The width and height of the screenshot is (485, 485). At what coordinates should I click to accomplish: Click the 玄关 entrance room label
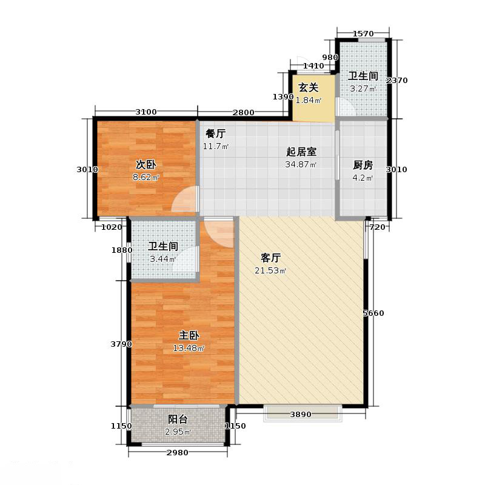click(308, 88)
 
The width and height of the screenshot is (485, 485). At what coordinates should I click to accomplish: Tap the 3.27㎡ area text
click(363, 89)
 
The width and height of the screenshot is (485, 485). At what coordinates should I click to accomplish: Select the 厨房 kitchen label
click(363, 164)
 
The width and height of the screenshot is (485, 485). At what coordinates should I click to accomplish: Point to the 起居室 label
click(301, 152)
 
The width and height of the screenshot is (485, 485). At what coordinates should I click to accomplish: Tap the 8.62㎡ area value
click(146, 178)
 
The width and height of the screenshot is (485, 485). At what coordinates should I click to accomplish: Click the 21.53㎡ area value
click(270, 270)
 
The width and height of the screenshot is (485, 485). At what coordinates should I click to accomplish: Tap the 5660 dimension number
click(373, 313)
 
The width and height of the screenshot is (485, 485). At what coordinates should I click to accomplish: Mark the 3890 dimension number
click(301, 415)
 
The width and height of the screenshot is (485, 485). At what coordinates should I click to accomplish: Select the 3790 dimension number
click(121, 344)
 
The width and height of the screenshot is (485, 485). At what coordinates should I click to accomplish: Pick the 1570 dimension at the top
click(362, 34)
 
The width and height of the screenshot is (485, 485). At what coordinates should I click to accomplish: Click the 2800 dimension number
click(242, 112)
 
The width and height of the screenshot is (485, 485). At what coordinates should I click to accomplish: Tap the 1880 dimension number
click(121, 250)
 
